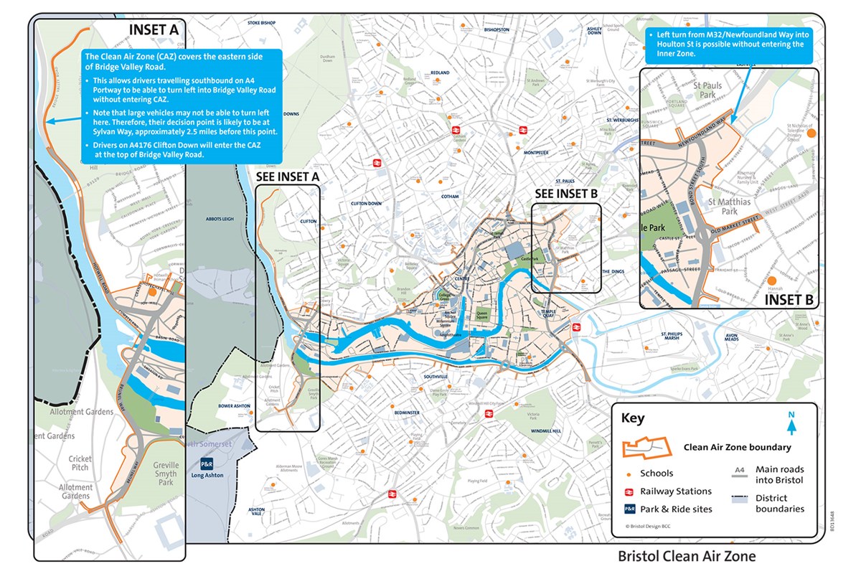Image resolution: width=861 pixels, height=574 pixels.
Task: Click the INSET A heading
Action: (153, 29)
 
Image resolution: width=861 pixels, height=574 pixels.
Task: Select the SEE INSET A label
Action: (287, 177)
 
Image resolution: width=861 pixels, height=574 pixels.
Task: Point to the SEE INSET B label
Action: (567, 194)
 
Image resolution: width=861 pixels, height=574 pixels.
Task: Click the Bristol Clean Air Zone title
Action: (687, 556)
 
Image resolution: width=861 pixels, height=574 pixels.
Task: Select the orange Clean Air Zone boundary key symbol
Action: (648, 447)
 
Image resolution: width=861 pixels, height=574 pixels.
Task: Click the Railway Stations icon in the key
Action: (629, 491)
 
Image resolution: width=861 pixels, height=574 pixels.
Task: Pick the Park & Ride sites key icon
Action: (629, 509)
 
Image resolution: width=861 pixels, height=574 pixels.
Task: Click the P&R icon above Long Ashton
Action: (207, 464)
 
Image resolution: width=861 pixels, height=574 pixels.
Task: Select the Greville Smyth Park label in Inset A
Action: (165, 474)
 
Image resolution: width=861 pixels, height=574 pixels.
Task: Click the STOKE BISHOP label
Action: (261, 23)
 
